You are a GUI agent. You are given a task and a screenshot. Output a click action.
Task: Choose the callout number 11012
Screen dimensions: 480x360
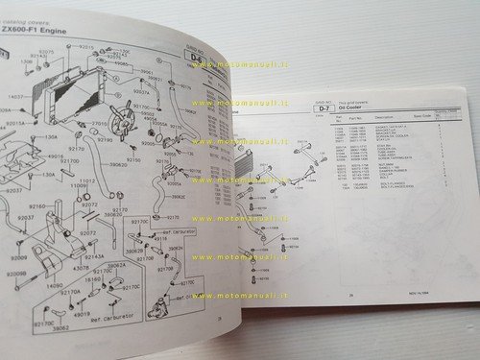coord(88,180)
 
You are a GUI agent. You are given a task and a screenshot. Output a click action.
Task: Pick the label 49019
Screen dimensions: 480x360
coord(83,312)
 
